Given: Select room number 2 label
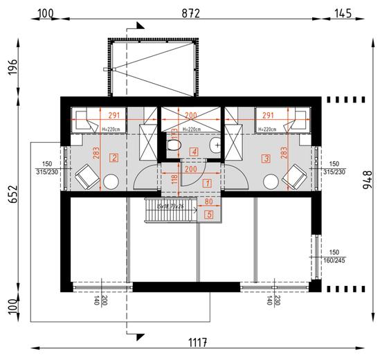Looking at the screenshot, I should click(x=113, y=157).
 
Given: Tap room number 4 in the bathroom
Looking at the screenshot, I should click(x=195, y=151).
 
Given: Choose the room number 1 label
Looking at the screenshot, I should click(x=208, y=183).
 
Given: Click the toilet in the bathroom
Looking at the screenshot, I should click(x=174, y=147).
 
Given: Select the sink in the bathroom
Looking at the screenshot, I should click(x=218, y=145).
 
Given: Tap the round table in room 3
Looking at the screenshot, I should click(x=271, y=181).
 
